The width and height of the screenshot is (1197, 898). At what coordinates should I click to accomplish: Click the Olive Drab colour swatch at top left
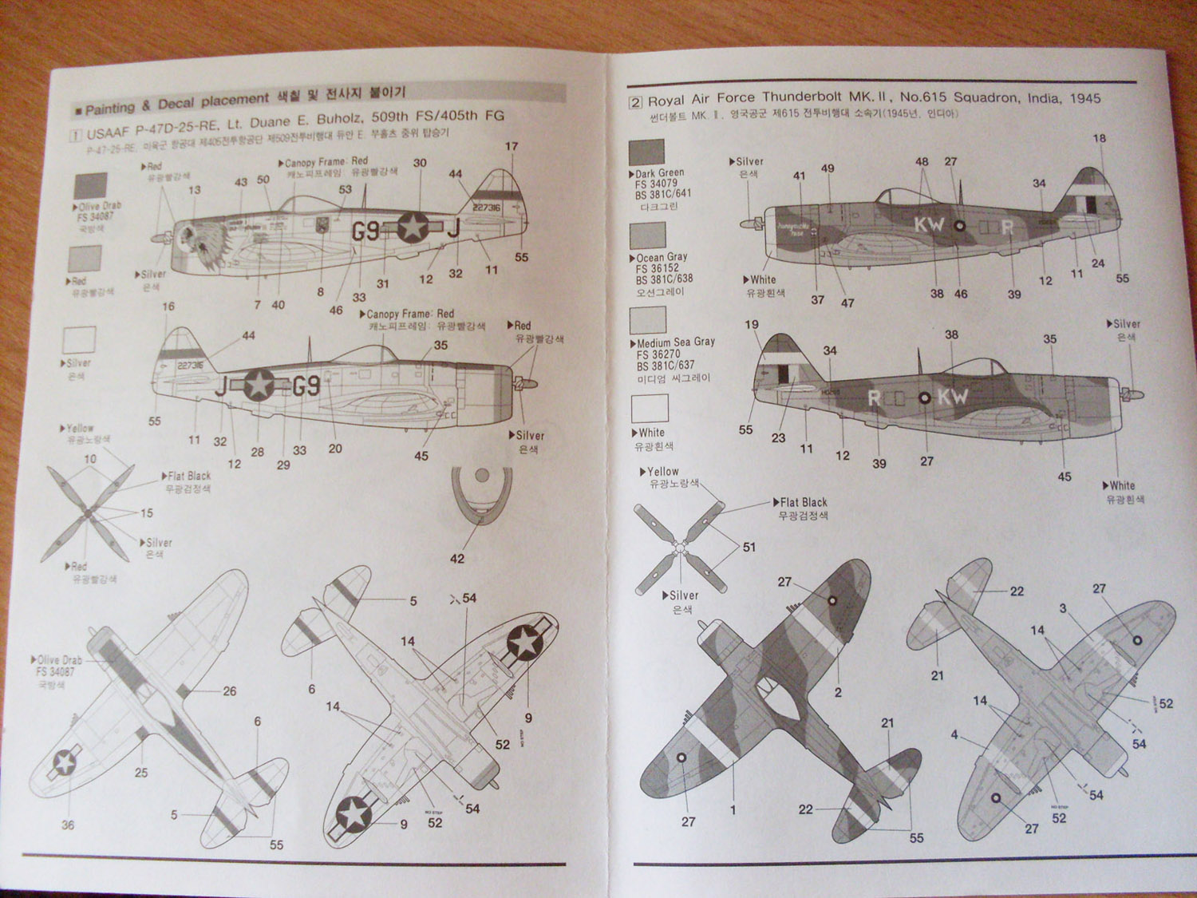coord(89,186)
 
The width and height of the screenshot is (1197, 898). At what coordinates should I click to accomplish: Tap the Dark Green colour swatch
coord(646,152)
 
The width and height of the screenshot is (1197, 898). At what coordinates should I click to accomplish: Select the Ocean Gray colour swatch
coord(646,236)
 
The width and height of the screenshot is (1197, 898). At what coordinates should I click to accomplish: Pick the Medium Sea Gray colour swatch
coord(647,319)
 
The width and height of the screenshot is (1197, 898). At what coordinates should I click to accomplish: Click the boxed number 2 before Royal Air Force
coord(635,102)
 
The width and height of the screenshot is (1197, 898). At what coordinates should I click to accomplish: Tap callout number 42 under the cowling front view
coord(456,559)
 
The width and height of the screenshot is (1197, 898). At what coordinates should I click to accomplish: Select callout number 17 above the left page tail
coord(512,146)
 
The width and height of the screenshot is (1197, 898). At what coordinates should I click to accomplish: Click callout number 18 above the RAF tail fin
coord(1099,138)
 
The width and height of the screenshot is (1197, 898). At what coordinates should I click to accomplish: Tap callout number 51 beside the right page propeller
coord(749,547)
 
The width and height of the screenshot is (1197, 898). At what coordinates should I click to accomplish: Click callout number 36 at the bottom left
coord(68,825)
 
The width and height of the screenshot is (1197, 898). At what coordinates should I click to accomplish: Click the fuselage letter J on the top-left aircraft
coord(453,228)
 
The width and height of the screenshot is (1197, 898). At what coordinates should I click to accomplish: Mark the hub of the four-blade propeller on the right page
coord(678,548)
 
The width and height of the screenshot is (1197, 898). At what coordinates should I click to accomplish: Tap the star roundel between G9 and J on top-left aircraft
coord(413,227)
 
